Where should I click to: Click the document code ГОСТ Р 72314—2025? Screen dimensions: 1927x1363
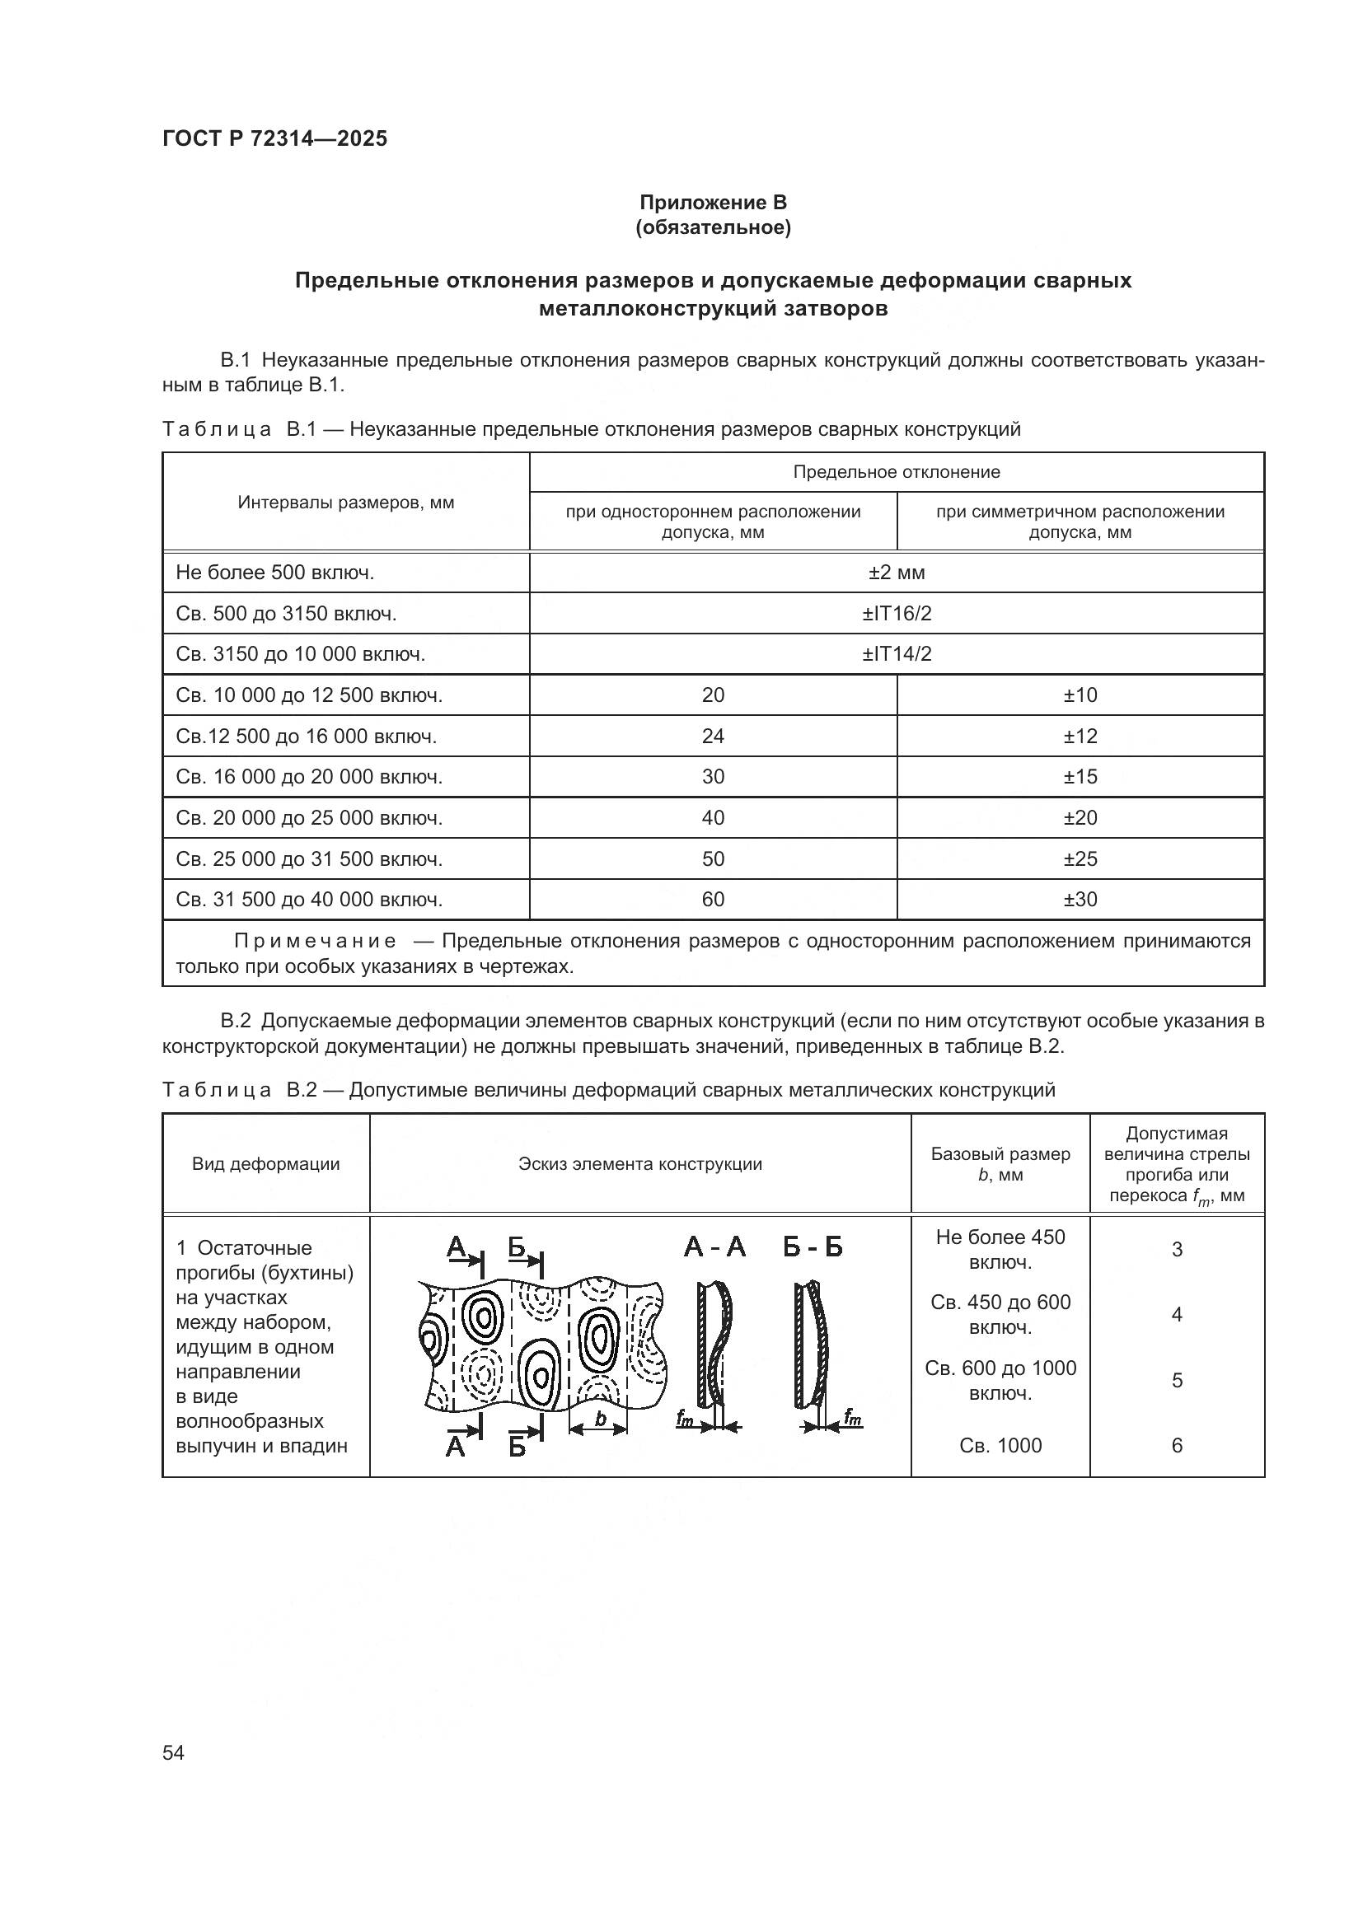tap(274, 139)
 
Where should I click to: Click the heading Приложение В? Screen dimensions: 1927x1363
tap(713, 203)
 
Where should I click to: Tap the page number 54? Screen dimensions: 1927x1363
tap(173, 1752)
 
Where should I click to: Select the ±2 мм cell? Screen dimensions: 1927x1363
tap(897, 573)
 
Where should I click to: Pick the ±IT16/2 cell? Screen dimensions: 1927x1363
tap(897, 614)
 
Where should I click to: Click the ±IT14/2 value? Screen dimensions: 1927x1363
tap(897, 654)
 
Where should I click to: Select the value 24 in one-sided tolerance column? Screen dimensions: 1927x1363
tap(713, 736)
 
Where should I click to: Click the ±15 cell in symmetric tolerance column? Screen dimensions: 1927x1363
tap(1080, 776)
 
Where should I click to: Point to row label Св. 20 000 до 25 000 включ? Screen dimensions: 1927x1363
tap(309, 817)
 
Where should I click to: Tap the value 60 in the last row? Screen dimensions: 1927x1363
tap(713, 900)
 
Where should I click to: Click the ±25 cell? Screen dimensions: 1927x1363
tap(1080, 858)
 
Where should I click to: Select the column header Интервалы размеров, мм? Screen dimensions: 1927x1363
tap(346, 502)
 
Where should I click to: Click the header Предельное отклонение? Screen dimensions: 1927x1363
tap(897, 472)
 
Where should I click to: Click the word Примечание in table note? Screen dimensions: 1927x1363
tap(315, 941)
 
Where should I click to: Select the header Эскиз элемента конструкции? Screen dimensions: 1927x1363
tap(639, 1164)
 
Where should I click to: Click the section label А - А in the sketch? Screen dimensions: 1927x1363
tap(714, 1247)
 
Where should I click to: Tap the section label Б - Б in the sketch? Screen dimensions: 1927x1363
tap(813, 1247)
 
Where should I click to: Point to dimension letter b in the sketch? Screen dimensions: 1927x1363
tap(600, 1419)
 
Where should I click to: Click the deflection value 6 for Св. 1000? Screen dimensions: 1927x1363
tap(1177, 1445)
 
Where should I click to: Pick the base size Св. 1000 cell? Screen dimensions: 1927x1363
tap(1000, 1445)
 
